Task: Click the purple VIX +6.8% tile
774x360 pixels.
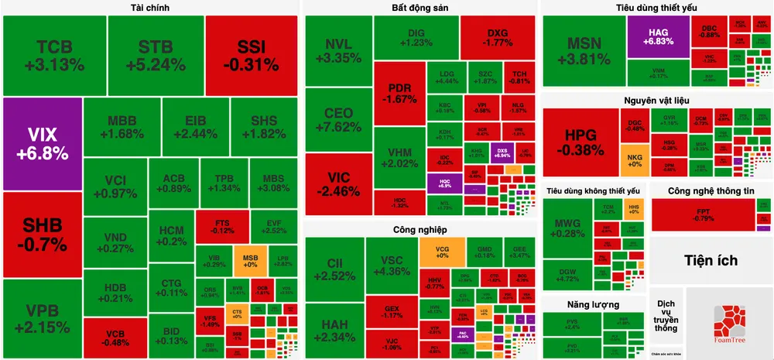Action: (x=41, y=143)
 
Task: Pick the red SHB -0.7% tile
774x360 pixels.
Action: (x=41, y=234)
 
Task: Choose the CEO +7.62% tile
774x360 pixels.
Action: (x=338, y=120)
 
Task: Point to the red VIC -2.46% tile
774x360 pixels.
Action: (x=338, y=183)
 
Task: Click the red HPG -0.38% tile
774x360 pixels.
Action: (x=580, y=142)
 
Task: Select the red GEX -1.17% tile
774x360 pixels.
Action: (x=391, y=311)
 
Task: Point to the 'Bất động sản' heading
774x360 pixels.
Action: (x=420, y=8)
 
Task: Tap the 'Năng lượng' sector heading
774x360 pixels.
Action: (x=582, y=304)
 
